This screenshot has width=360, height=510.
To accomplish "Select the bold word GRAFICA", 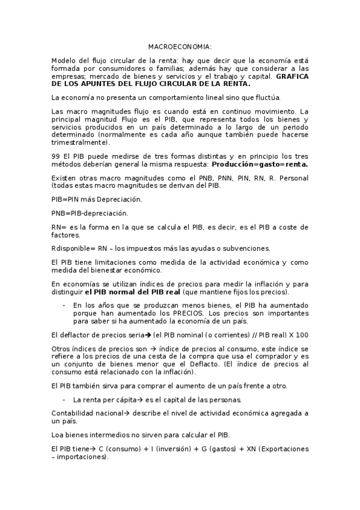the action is (292, 77).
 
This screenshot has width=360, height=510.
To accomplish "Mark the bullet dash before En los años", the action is (64, 306).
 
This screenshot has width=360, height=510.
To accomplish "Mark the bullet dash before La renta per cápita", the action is (64, 399).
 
